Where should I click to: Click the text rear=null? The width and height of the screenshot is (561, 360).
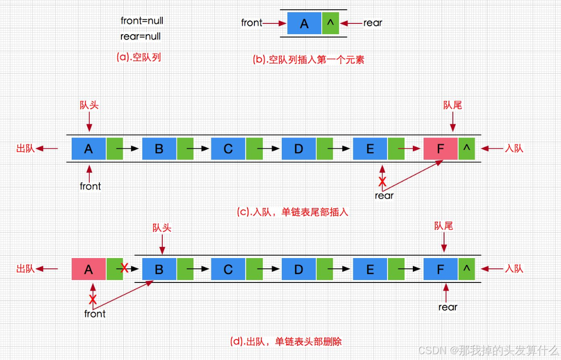(140, 36)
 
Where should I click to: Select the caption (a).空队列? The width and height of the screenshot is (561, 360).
(138, 57)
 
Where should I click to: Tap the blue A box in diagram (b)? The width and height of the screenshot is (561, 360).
(304, 23)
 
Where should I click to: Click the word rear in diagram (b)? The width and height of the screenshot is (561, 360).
(373, 23)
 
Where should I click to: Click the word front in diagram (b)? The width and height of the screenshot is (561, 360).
(251, 23)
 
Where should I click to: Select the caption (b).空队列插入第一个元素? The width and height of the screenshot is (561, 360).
(309, 60)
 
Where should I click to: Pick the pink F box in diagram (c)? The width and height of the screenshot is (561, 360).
(441, 149)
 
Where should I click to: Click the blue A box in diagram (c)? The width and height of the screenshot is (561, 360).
(88, 149)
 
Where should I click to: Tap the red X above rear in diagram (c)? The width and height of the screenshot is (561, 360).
(383, 181)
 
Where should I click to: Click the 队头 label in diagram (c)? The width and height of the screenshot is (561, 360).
(89, 105)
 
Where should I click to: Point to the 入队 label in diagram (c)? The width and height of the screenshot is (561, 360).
(514, 148)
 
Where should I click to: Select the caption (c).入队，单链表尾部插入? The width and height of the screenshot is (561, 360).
(292, 213)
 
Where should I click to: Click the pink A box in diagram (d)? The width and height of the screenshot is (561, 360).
(88, 269)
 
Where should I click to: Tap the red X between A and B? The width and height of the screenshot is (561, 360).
(125, 268)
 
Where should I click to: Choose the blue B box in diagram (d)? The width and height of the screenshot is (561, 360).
(159, 269)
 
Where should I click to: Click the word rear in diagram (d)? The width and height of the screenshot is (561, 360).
(447, 307)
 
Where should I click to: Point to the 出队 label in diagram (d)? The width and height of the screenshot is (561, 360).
(26, 269)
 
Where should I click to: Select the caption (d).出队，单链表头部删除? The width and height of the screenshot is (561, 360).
(286, 341)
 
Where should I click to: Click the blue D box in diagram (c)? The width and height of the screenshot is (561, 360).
(299, 149)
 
